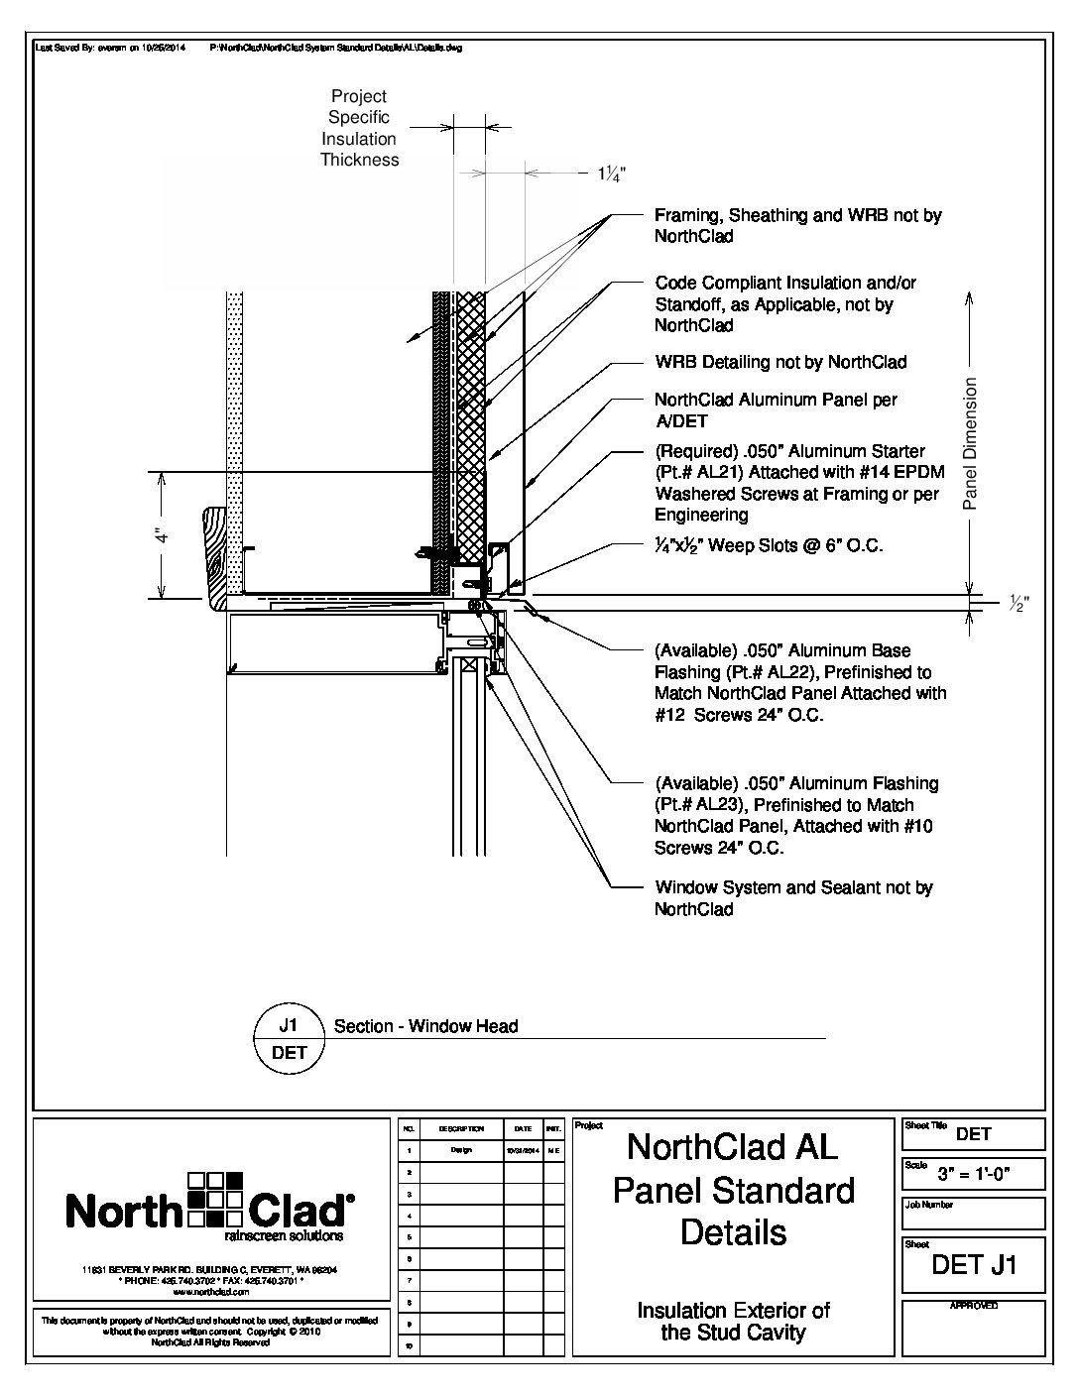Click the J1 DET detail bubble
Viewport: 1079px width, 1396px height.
tap(289, 1038)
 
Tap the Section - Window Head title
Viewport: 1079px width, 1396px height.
tap(425, 1026)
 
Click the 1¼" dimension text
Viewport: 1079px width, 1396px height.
tap(610, 174)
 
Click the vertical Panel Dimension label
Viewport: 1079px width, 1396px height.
tap(971, 443)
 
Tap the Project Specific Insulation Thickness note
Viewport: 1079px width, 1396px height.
tap(359, 128)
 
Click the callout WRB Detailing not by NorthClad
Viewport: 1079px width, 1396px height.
tap(779, 362)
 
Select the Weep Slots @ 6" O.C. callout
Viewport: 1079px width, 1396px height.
tap(768, 545)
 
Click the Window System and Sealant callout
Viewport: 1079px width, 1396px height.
tap(792, 898)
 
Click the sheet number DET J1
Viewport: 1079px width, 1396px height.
tap(974, 1264)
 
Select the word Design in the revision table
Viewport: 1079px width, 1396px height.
tap(461, 1150)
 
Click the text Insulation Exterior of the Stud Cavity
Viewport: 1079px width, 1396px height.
tap(733, 1321)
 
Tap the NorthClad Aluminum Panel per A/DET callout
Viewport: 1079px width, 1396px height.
tap(775, 410)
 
